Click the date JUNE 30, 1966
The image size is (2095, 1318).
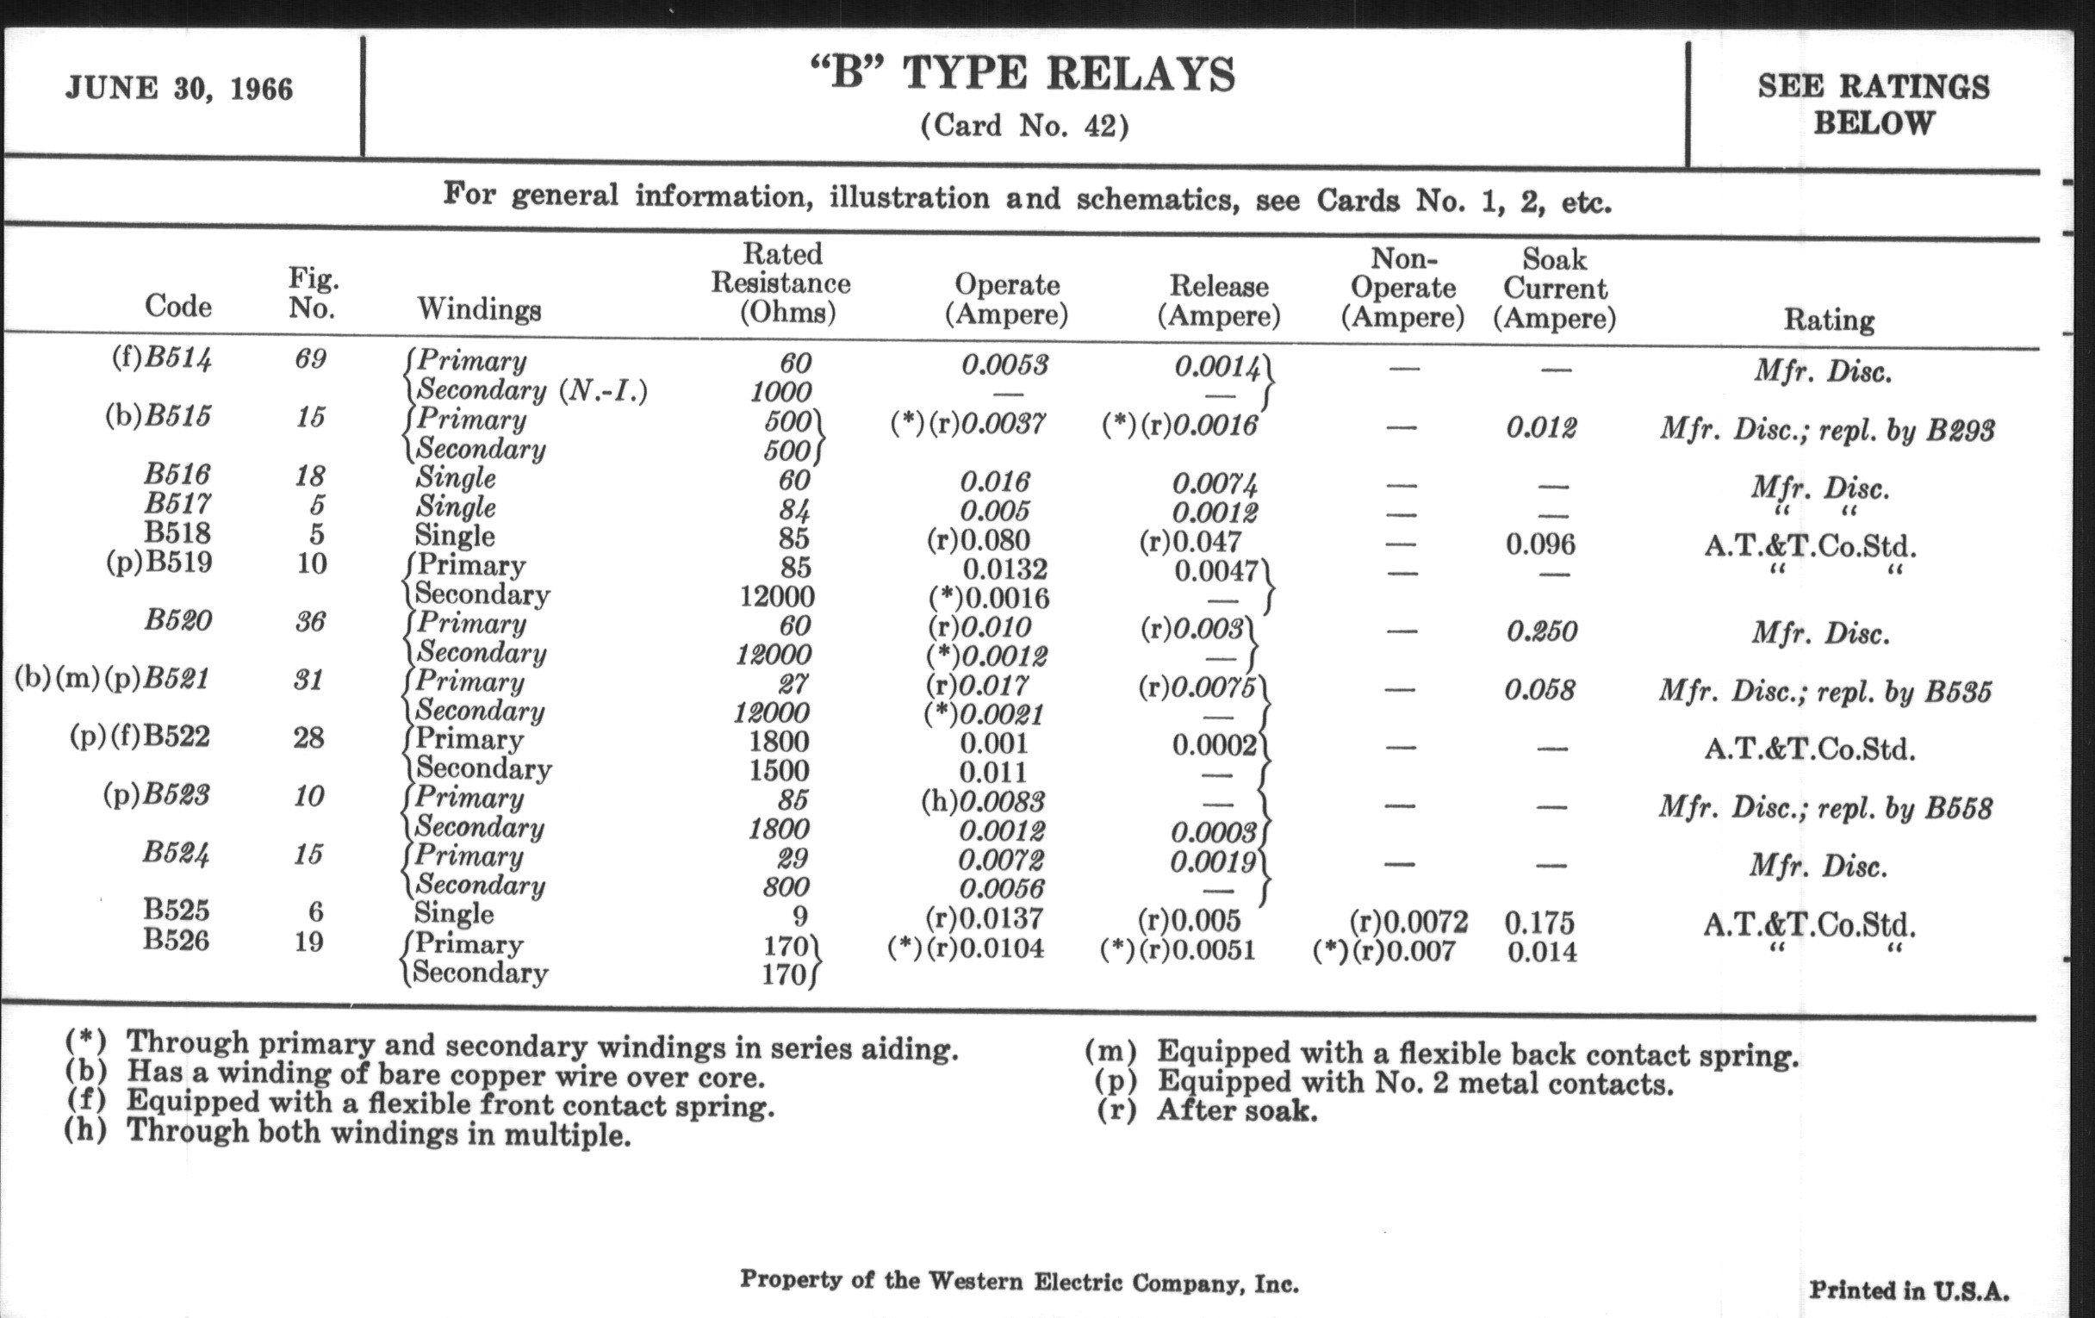(x=179, y=89)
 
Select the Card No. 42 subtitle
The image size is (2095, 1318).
(x=1024, y=126)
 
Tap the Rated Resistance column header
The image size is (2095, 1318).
(x=780, y=283)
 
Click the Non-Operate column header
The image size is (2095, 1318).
(x=1402, y=287)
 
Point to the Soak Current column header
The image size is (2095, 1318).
(x=1554, y=288)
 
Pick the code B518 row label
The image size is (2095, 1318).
(x=177, y=532)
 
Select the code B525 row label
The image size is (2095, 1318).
(x=177, y=910)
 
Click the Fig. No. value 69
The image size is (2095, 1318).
(x=311, y=358)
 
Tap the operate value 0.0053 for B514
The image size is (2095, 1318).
(x=1005, y=364)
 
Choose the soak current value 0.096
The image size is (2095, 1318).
(x=1540, y=544)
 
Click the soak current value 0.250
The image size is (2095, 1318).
(x=1542, y=631)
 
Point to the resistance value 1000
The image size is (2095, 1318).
(x=780, y=391)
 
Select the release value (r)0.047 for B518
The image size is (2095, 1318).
(x=1190, y=542)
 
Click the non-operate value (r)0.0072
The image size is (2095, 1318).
(x=1408, y=921)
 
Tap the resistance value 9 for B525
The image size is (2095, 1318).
(x=799, y=915)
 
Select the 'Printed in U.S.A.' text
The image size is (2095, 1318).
(x=1909, y=1290)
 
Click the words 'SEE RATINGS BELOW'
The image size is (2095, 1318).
(x=1873, y=104)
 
